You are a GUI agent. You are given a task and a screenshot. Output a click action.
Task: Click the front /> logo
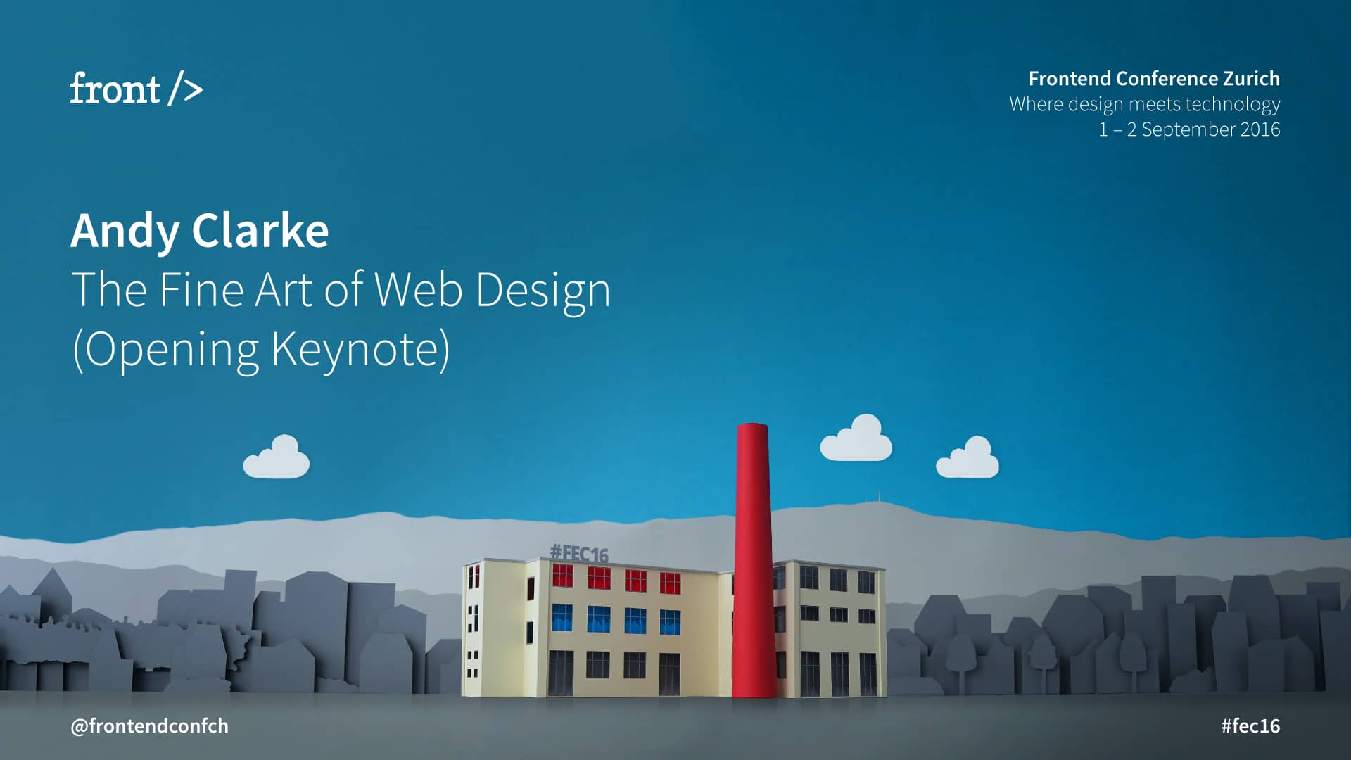(136, 89)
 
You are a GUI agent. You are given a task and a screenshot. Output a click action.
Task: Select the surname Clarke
(260, 231)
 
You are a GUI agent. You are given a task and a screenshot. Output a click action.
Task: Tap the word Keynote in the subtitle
(360, 349)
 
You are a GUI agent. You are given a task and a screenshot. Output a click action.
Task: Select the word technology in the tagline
(1232, 104)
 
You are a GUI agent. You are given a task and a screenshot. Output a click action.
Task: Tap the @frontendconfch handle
(149, 726)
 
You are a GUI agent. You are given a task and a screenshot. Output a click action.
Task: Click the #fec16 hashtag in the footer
(1250, 726)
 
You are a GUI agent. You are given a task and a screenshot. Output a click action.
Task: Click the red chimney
(753, 563)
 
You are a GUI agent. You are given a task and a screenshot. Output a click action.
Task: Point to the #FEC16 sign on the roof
(578, 553)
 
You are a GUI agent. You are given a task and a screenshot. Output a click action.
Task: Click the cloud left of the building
(277, 458)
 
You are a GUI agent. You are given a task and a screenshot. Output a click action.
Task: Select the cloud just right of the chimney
(856, 440)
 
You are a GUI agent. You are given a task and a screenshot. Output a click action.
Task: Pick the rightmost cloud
(968, 459)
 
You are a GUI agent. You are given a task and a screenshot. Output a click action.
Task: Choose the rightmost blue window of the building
(670, 621)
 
